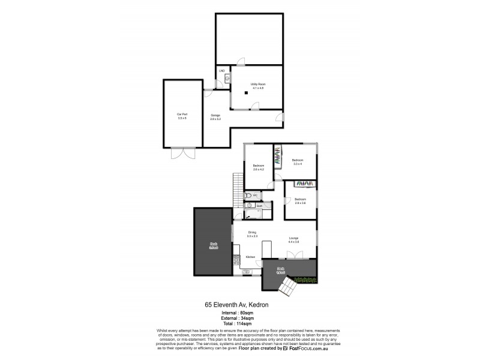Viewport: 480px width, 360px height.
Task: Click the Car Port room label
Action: (182, 116)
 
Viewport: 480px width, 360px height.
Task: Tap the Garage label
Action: (215, 116)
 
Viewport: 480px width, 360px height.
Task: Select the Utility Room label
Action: (258, 86)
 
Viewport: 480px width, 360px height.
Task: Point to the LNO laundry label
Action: (221, 71)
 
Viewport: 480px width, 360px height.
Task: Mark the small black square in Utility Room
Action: (245, 93)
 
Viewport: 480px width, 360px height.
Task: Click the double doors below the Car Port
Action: (182, 153)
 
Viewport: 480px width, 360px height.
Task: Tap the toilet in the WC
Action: (247, 196)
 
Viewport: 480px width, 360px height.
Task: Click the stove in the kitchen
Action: (236, 260)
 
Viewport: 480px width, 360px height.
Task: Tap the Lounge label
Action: (293, 239)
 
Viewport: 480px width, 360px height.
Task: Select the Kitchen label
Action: (250, 257)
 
